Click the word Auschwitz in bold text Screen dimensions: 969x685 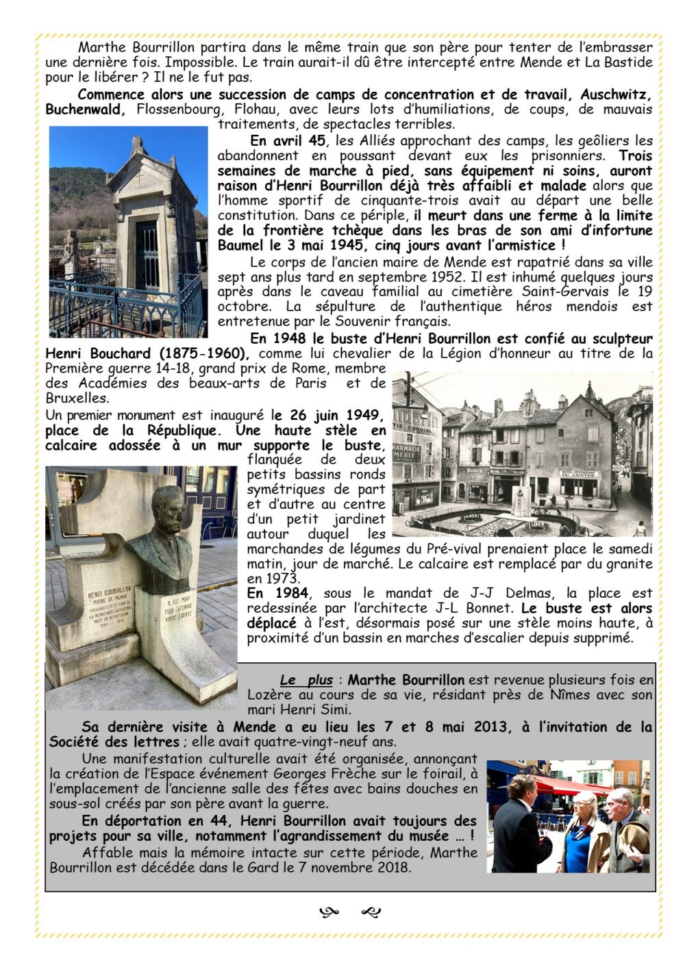616,95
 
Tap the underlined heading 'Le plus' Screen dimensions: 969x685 306,680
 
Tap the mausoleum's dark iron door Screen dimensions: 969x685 147,254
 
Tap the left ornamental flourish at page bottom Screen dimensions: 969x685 329,911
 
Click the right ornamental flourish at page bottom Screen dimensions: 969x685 371,911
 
